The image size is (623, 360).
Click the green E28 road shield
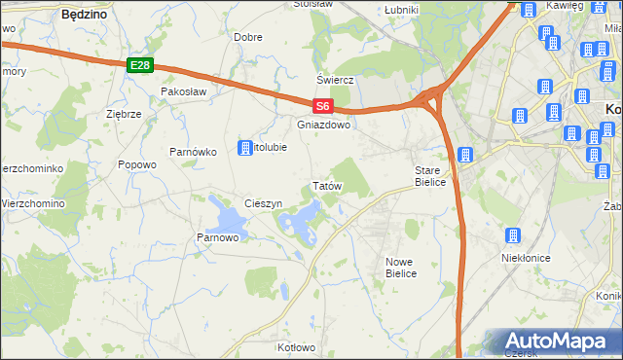coord(140,65)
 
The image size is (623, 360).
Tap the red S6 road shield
coord(323,107)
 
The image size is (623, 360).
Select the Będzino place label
coord(84,16)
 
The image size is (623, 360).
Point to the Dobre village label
coord(248,37)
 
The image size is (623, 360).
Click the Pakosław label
coord(185,91)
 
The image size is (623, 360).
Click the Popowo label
coord(137,164)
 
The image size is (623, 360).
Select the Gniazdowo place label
coord(323,126)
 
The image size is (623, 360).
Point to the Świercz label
coord(333,80)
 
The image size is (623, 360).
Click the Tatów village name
coord(324,185)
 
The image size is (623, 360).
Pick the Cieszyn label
coord(264,203)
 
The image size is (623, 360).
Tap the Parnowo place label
coord(218,237)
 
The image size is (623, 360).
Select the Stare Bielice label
coord(429,176)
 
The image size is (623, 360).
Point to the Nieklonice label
coord(526,258)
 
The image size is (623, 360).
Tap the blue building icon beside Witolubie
coord(245,148)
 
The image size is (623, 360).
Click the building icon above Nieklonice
coord(512,236)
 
